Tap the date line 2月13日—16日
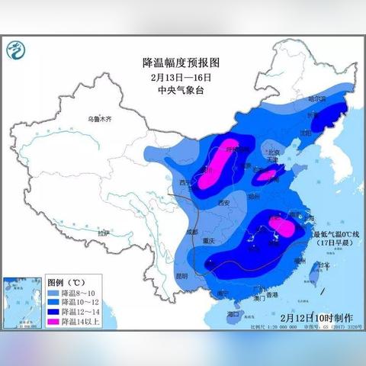[x=181, y=75]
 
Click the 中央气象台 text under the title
[x=181, y=88]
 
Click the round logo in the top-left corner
[x=14, y=51]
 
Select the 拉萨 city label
[x=104, y=232]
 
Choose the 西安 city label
[x=223, y=203]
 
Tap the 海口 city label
[x=233, y=313]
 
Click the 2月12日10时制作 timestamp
[x=316, y=316]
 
